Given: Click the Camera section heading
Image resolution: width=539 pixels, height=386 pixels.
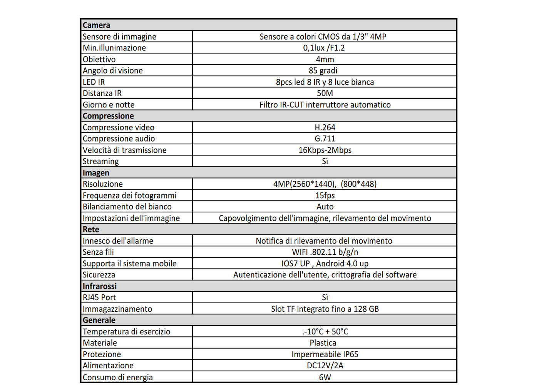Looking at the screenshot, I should pyautogui.click(x=96, y=25).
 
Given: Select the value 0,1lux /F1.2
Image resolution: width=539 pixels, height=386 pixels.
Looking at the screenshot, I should pyautogui.click(x=324, y=48).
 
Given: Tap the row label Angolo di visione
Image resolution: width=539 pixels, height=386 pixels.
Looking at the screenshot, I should pyautogui.click(x=112, y=71).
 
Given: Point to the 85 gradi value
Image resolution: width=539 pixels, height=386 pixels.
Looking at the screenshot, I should pyautogui.click(x=323, y=71).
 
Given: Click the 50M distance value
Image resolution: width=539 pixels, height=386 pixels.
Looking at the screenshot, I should pyautogui.click(x=325, y=94).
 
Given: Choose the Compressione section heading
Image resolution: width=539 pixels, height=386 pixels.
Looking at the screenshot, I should pyautogui.click(x=108, y=116).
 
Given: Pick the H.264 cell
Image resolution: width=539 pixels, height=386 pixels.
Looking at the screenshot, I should pyautogui.click(x=325, y=127).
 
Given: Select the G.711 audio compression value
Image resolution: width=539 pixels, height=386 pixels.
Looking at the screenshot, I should pyautogui.click(x=325, y=139).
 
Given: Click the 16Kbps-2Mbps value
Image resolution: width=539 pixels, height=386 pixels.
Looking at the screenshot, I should pyautogui.click(x=325, y=150).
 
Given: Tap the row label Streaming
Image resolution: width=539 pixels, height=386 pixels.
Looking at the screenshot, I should pyautogui.click(x=100, y=162).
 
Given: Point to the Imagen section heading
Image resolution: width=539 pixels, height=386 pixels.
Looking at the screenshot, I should pyautogui.click(x=96, y=173).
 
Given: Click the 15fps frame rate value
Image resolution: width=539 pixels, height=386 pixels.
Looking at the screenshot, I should pyautogui.click(x=325, y=196).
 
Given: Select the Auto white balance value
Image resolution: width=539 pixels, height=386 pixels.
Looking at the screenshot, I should pyautogui.click(x=325, y=207).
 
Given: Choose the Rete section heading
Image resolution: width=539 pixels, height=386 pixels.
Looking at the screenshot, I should pyautogui.click(x=91, y=230).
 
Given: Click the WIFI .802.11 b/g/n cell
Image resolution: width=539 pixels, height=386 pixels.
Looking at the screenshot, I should pyautogui.click(x=325, y=252).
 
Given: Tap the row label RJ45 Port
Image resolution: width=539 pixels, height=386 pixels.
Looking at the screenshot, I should pyautogui.click(x=99, y=298).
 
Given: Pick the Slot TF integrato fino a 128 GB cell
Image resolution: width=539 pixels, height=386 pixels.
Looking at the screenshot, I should pyautogui.click(x=325, y=309).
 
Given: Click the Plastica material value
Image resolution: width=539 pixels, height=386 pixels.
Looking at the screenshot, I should pyautogui.click(x=323, y=343).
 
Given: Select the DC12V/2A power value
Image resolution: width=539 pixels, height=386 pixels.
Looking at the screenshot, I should pyautogui.click(x=325, y=366).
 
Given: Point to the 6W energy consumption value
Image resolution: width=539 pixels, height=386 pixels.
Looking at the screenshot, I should pyautogui.click(x=325, y=378).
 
